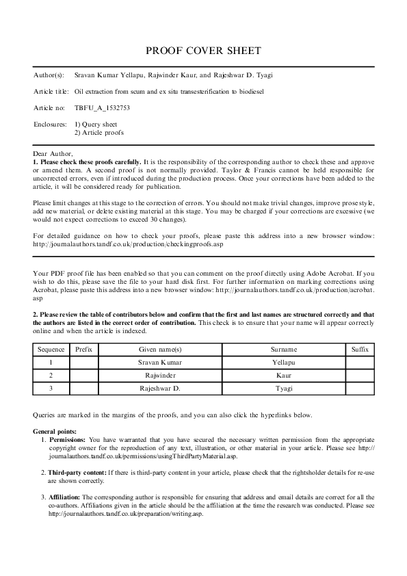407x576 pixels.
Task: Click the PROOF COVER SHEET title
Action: tap(203, 51)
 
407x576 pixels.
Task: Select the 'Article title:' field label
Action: tap(51, 91)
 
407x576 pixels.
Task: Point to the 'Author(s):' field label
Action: tap(49, 75)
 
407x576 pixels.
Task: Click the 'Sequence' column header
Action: tap(51, 350)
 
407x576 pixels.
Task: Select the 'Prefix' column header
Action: tap(84, 350)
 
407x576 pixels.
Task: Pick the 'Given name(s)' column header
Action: tap(161, 350)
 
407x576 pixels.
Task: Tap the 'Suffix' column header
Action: tap(359, 350)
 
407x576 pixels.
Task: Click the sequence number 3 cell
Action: tap(51, 389)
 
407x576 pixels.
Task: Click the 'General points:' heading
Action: tap(55, 432)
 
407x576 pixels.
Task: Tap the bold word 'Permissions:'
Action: tap(67, 440)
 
